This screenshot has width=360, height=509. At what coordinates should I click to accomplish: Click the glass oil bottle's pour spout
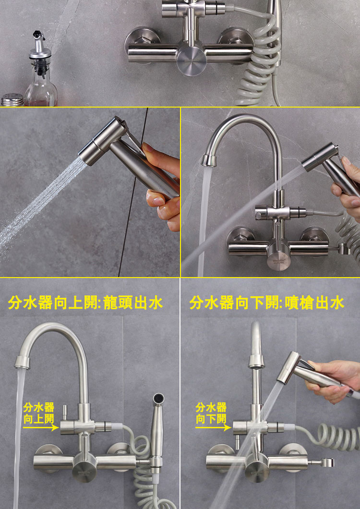38,41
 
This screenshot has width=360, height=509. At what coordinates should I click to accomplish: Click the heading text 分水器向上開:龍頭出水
85,303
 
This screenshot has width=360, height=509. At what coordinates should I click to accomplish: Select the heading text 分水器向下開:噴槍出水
267,303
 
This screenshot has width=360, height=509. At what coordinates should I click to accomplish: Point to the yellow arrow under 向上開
41,428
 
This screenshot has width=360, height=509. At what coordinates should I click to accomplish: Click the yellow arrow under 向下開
213,428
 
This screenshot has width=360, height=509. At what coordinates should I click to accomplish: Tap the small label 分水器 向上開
38,413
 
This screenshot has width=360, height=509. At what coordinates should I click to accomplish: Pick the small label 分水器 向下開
211,413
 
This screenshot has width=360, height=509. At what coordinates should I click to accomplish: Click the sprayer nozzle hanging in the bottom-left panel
158,399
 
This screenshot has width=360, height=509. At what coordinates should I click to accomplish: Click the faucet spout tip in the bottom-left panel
22,362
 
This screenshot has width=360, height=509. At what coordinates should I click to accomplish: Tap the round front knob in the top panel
192,60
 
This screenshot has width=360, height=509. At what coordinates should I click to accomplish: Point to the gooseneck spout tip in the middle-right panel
209,160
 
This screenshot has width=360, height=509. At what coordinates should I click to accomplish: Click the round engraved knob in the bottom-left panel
84,467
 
